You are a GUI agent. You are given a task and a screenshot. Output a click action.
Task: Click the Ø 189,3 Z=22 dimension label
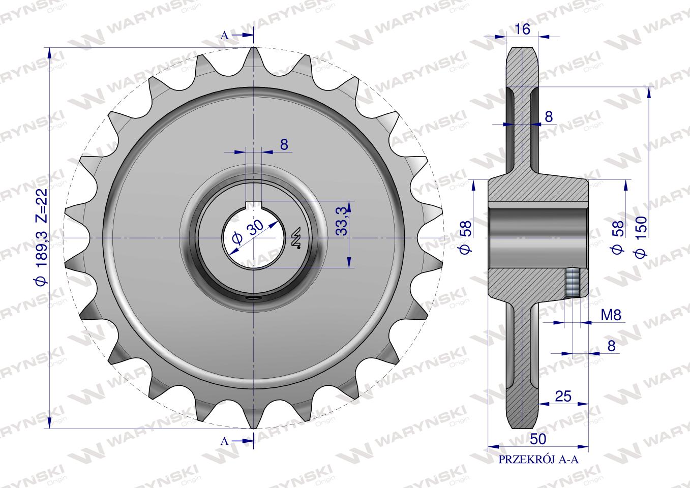(x=42, y=237)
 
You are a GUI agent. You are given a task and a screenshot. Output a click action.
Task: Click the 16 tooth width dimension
(x=522, y=29)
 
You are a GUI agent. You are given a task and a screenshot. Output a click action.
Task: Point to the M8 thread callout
(x=611, y=315)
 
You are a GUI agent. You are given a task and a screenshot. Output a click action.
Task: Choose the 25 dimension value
(x=563, y=396)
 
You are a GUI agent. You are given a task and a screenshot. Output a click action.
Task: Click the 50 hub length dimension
(x=538, y=439)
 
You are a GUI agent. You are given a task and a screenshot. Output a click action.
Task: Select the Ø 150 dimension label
(x=641, y=236)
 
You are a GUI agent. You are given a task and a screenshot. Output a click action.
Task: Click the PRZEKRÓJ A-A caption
(x=538, y=468)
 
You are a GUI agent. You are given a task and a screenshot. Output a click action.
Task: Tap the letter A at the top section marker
(x=225, y=36)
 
